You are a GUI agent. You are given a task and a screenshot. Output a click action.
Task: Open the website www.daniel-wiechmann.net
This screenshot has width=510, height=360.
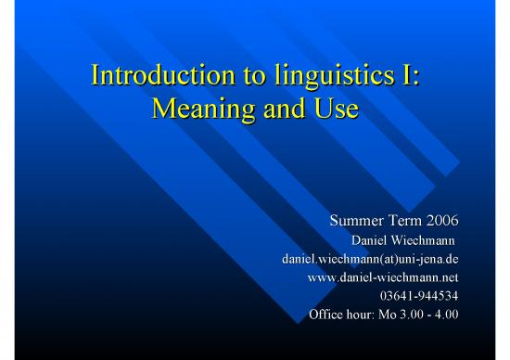[x=383, y=277]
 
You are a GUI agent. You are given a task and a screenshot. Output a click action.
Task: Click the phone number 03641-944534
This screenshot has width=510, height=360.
[x=419, y=295]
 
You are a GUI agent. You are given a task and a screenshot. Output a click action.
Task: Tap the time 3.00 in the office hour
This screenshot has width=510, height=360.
[x=409, y=314]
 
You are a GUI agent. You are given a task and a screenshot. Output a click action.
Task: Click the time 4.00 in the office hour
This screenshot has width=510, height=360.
[x=448, y=314]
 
